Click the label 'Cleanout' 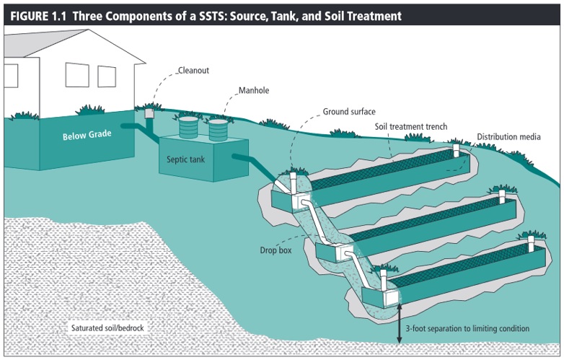[193, 72]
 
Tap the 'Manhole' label [254, 92]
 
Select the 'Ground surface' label [347, 113]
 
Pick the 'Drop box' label [275, 251]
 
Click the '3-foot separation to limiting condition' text [467, 329]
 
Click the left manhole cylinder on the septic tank [188, 127]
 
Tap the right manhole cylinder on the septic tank [219, 128]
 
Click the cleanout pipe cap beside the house [149, 114]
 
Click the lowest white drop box [390, 297]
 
